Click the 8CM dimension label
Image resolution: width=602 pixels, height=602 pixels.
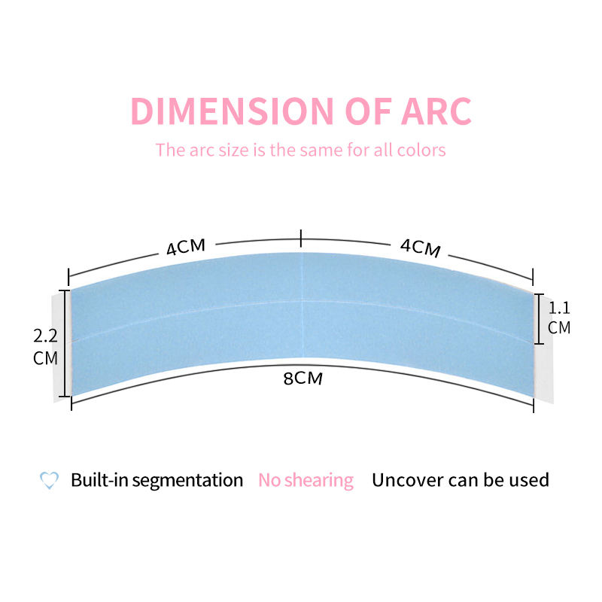tap(303, 378)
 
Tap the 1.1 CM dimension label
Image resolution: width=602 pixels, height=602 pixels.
tap(559, 317)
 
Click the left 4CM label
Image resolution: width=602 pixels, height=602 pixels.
tap(186, 246)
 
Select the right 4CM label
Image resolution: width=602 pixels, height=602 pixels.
tap(420, 246)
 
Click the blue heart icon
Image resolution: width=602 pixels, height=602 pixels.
tap(49, 480)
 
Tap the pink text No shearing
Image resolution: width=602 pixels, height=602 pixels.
tap(306, 480)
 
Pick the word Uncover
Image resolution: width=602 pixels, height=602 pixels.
tap(406, 480)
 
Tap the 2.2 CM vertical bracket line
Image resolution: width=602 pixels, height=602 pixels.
tap(65, 342)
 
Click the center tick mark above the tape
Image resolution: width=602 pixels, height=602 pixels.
tap(301, 239)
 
